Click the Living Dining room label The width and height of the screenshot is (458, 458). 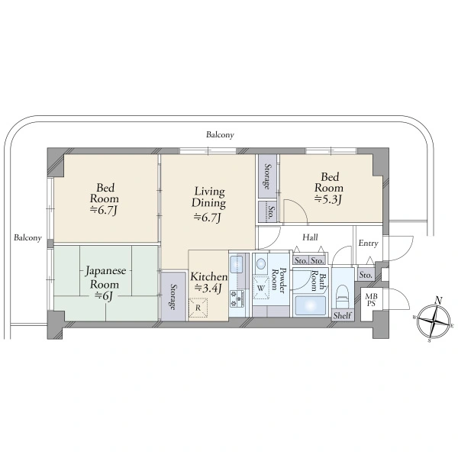(x=209, y=197)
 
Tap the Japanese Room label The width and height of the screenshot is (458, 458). (x=105, y=277)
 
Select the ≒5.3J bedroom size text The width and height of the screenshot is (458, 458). (x=328, y=199)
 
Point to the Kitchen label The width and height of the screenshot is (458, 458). (x=208, y=276)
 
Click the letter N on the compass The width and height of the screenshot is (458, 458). (x=438, y=300)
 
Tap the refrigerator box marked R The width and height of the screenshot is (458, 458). (x=198, y=308)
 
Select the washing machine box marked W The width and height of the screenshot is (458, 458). (x=261, y=288)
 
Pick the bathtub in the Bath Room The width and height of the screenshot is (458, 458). (x=309, y=305)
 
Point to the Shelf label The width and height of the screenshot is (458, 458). (x=343, y=315)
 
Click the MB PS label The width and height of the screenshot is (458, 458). (x=371, y=300)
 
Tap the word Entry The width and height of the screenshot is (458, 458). (x=369, y=243)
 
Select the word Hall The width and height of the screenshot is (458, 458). (x=310, y=237)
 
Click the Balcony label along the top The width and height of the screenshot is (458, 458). (x=220, y=134)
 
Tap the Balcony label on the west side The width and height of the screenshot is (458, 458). (x=27, y=237)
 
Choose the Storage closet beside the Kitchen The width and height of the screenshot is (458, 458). (x=173, y=296)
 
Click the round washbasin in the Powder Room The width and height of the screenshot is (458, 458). (x=261, y=264)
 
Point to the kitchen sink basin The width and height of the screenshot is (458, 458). (x=237, y=263)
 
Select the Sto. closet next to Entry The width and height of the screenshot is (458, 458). (x=366, y=275)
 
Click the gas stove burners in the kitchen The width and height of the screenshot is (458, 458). (x=237, y=298)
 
